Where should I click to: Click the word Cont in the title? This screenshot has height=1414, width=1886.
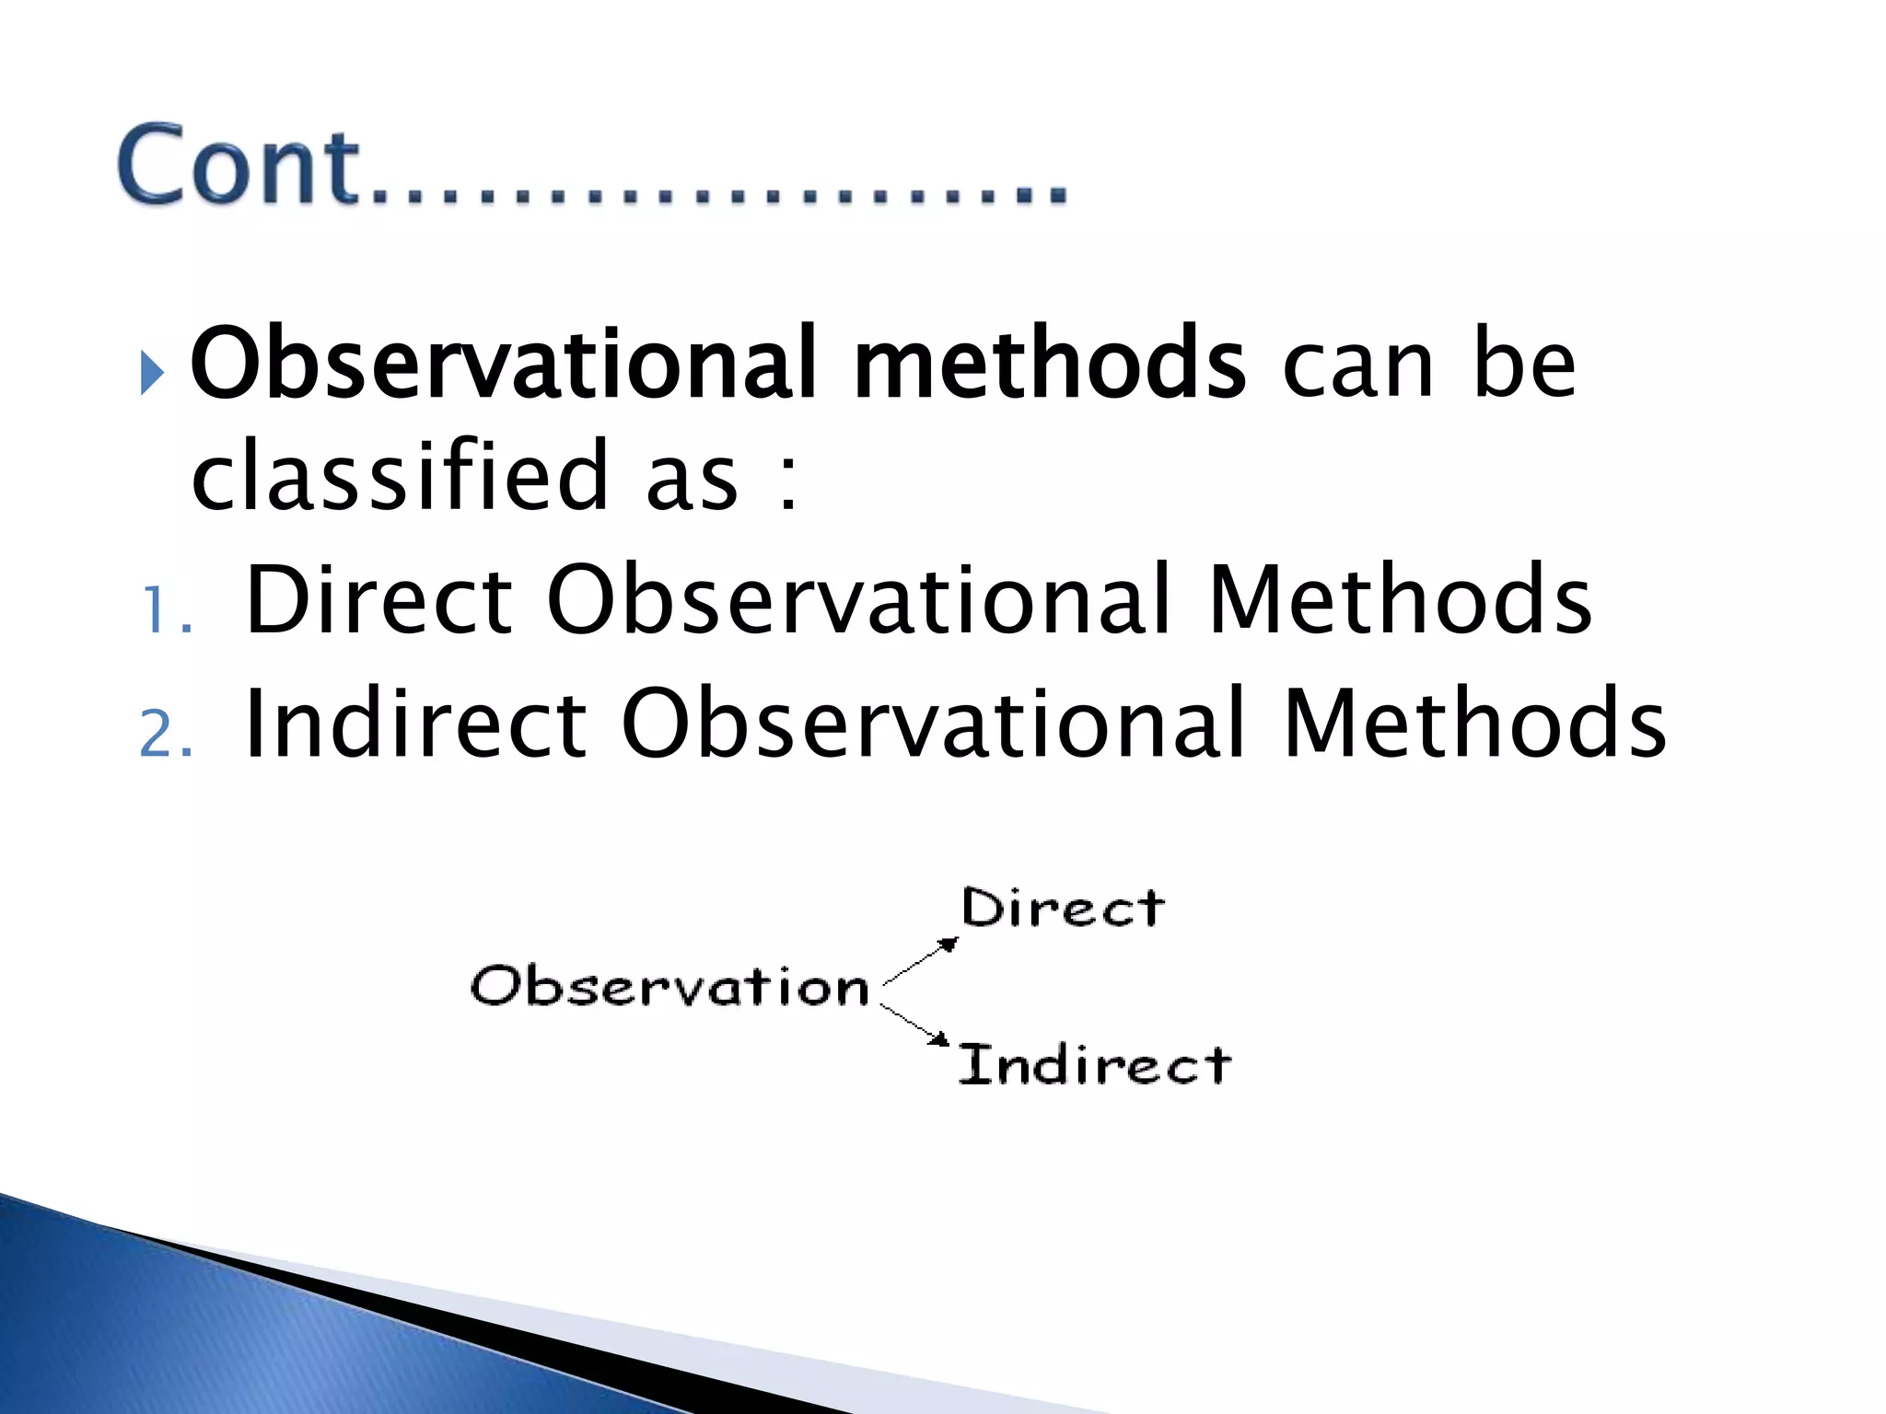238,166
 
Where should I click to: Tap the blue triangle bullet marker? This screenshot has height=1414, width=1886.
151,373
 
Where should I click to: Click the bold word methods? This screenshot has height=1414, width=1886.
1049,365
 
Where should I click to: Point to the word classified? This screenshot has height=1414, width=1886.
400,476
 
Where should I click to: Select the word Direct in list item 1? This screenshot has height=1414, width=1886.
378,600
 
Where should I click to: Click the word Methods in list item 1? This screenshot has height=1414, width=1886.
1399,600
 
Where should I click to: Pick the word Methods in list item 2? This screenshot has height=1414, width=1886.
1473,724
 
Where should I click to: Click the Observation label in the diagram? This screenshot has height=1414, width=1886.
669,986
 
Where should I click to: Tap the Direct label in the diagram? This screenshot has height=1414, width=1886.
1062,909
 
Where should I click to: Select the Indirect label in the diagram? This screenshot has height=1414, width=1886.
1094,1065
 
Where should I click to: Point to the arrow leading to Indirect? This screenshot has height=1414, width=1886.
914,1024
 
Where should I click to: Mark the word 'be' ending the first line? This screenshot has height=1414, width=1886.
1524,365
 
